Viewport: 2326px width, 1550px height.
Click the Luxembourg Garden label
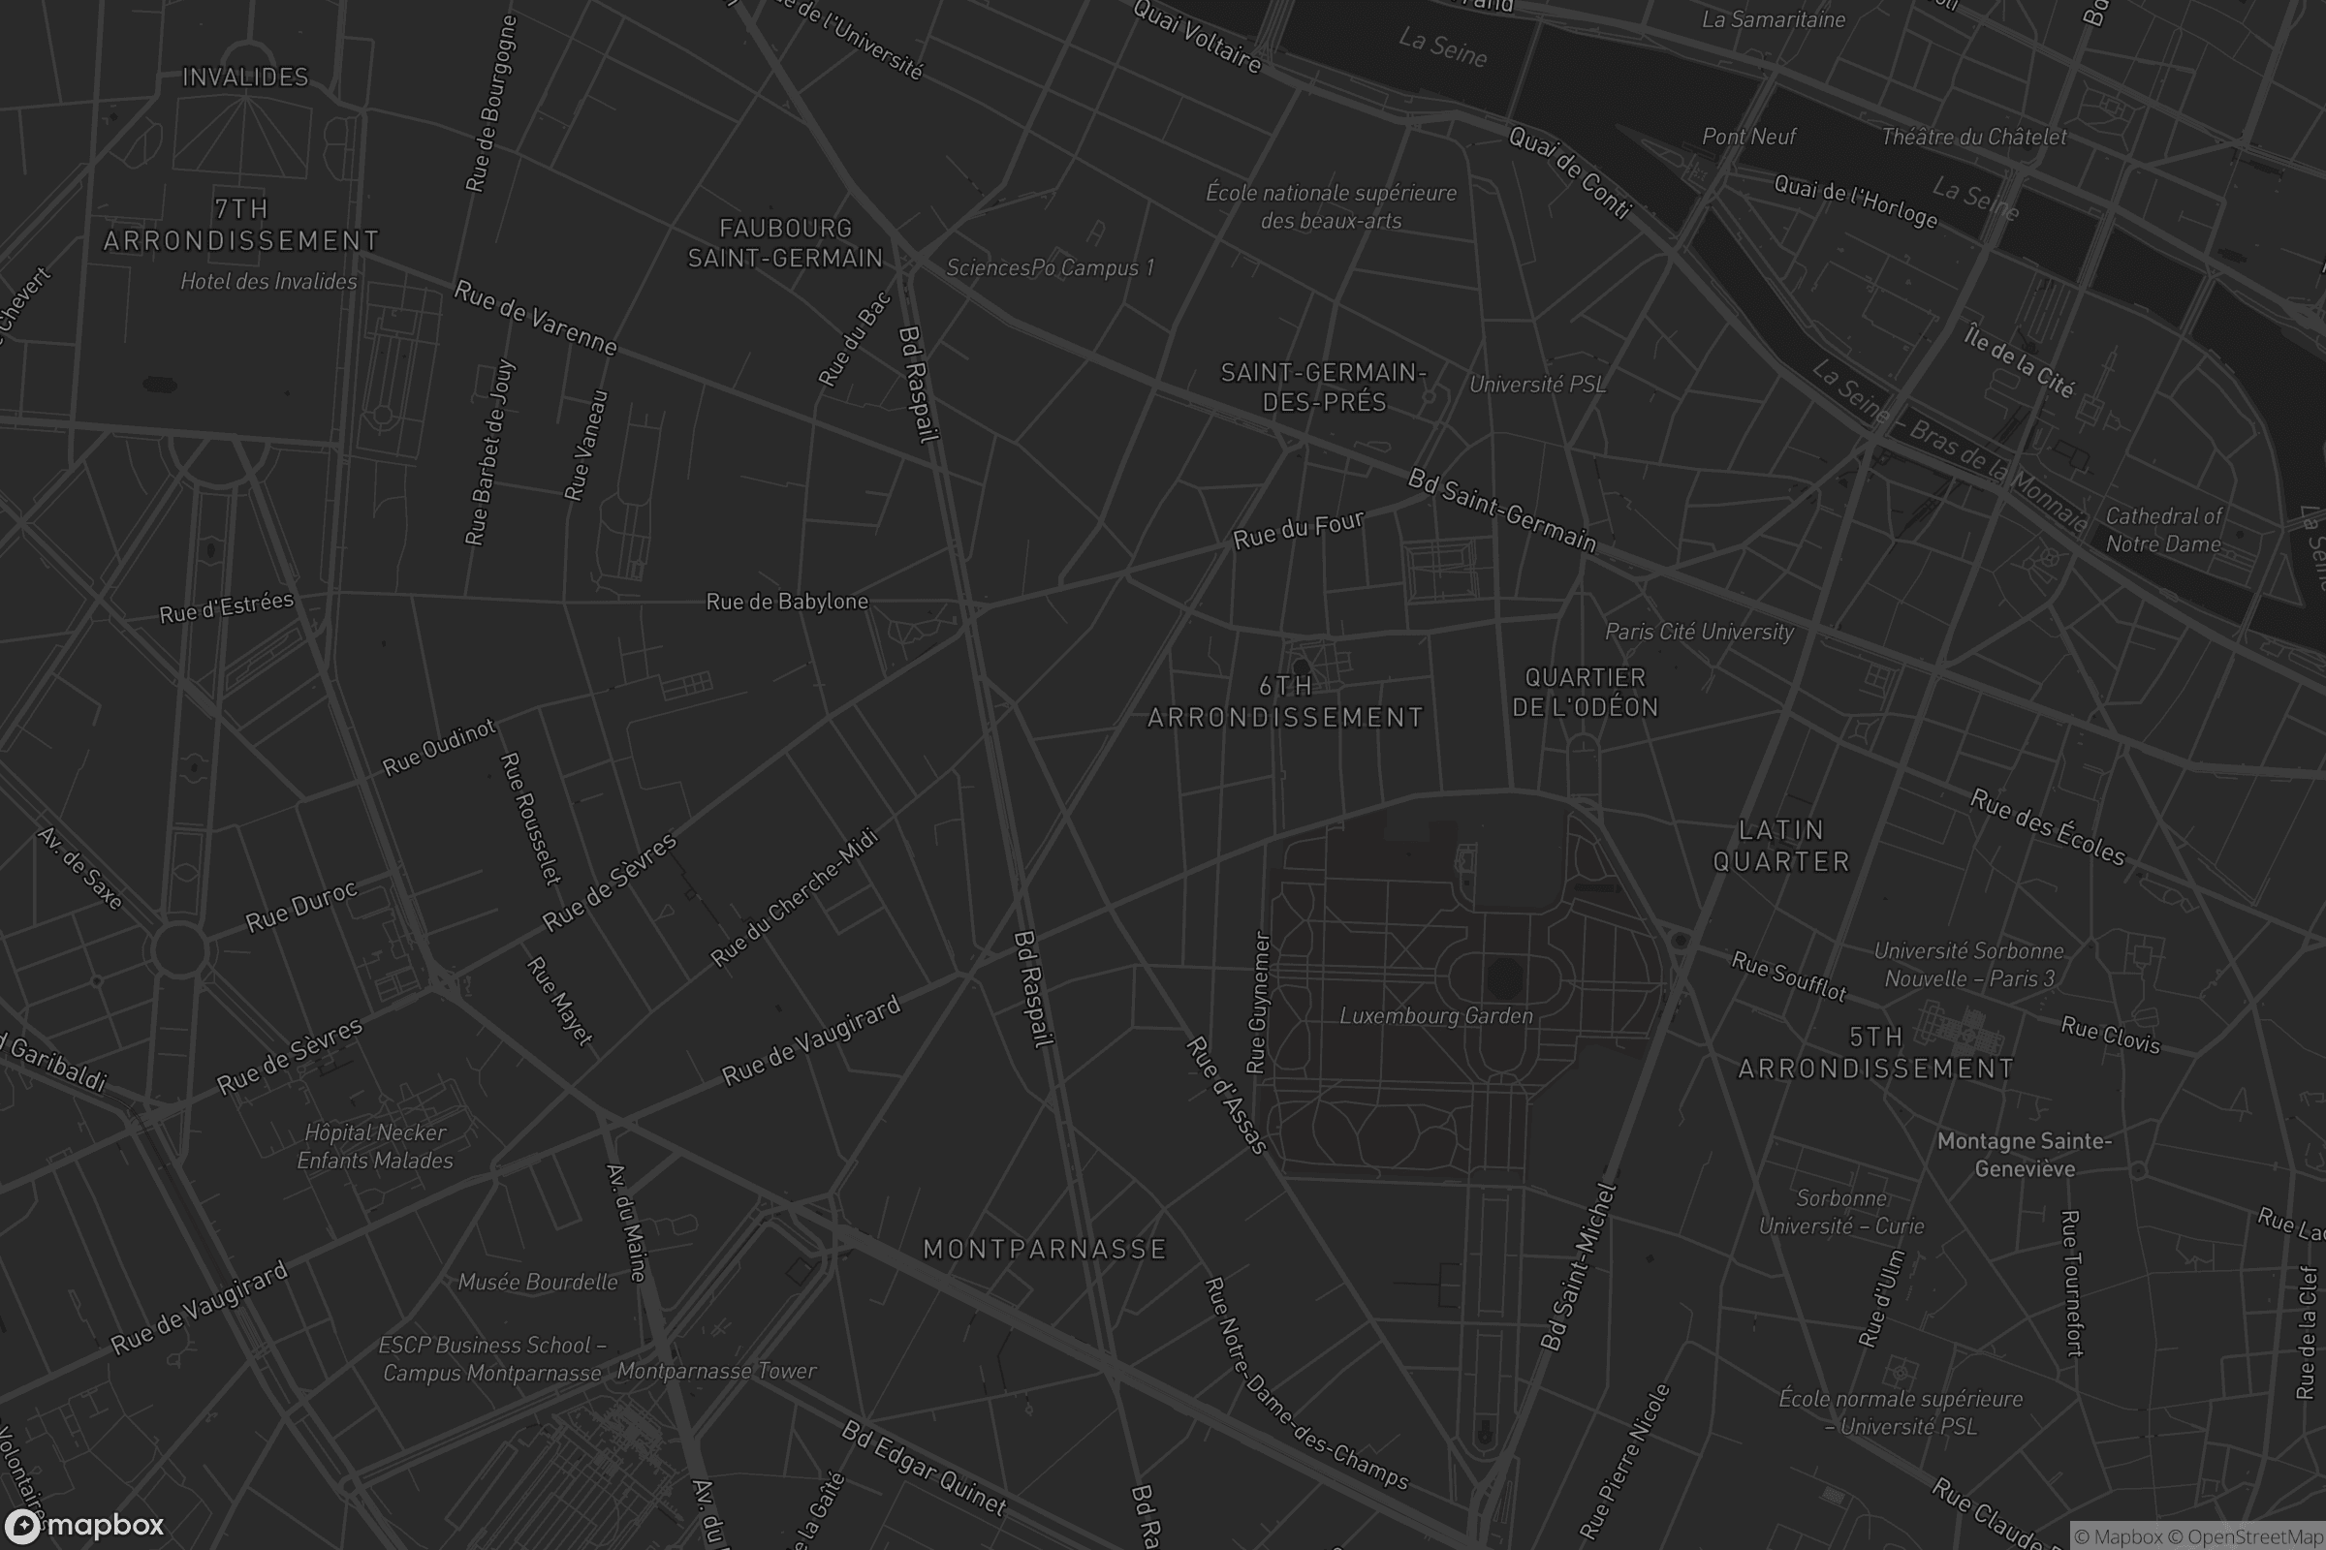coord(1436,1016)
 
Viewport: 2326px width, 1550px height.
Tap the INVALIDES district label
coord(245,77)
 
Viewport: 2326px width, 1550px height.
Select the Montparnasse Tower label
coord(717,1371)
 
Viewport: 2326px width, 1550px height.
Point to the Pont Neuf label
coord(1748,137)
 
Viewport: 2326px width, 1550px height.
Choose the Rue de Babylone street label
coord(787,602)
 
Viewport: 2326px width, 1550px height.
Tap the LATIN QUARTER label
coord(1781,846)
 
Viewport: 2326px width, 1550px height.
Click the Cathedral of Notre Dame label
coord(2164,530)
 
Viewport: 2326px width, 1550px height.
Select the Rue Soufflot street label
coord(1789,976)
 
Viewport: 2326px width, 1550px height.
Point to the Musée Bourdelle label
coord(538,1282)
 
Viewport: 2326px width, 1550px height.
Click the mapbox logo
coord(83,1525)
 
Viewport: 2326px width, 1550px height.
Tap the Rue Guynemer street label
coord(1258,1003)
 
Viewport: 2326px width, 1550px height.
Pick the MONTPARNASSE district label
coord(1045,1250)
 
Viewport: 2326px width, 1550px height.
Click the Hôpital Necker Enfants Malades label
coord(375,1147)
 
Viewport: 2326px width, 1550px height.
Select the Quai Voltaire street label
coord(1198,38)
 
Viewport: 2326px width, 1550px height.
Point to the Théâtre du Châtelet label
coord(1974,137)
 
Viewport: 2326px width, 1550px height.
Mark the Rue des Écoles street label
coord(2047,827)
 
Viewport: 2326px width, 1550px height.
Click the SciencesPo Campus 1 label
coord(1051,268)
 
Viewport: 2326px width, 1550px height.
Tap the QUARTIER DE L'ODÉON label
coord(1586,692)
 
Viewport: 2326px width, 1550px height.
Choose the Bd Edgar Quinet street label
coord(924,1469)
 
